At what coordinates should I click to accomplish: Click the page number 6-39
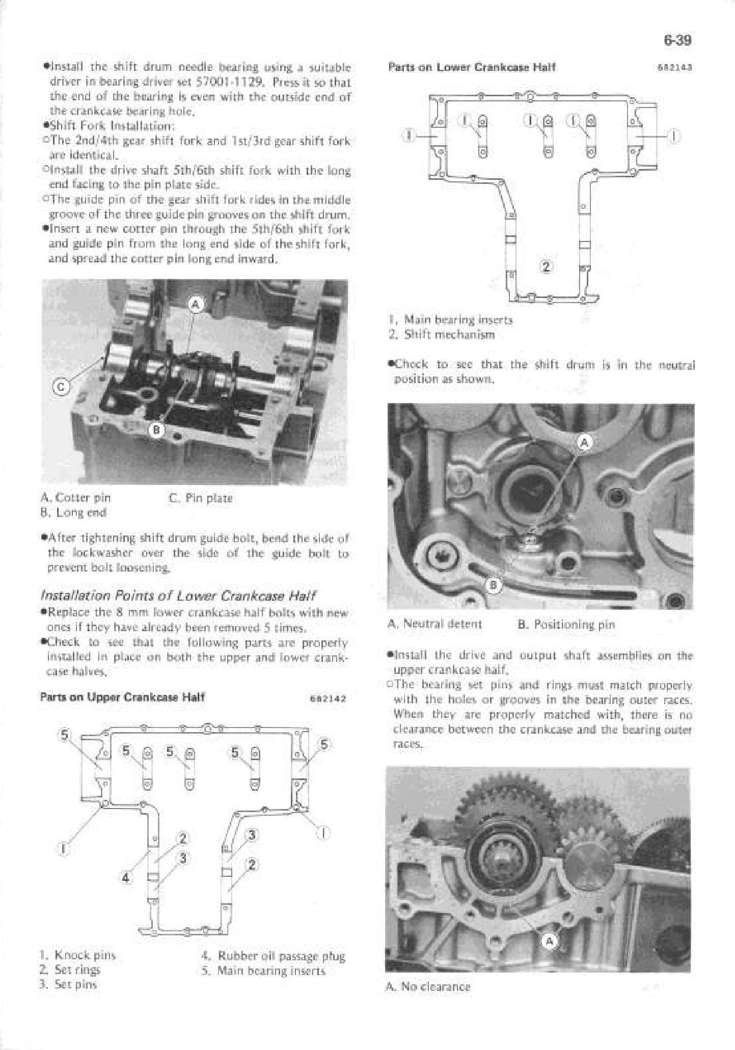pyautogui.click(x=677, y=40)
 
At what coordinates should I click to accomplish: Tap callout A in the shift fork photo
pyautogui.click(x=196, y=305)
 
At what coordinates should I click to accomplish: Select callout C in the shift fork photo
pyautogui.click(x=61, y=388)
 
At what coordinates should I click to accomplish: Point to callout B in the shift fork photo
pyautogui.click(x=157, y=431)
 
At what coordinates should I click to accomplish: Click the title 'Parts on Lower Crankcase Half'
pyautogui.click(x=472, y=67)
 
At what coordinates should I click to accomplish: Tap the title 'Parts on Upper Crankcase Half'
pyautogui.click(x=122, y=697)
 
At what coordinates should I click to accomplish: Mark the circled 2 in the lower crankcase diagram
pyautogui.click(x=546, y=266)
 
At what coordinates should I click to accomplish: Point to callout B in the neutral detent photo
pyautogui.click(x=493, y=585)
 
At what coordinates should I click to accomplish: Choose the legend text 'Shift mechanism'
pyautogui.click(x=449, y=335)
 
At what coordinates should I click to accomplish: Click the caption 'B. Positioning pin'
pyautogui.click(x=566, y=624)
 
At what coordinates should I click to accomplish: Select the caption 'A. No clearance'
pyautogui.click(x=428, y=986)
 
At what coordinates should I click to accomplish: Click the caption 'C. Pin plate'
pyautogui.click(x=200, y=498)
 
